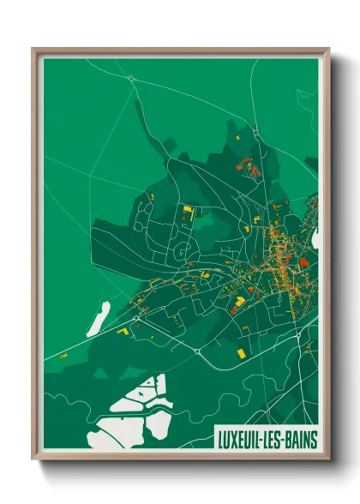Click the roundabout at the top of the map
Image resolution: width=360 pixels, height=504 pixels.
(x=131, y=79)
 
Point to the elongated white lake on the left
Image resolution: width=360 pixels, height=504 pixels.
(x=98, y=318)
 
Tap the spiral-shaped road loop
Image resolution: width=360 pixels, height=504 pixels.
(x=181, y=251)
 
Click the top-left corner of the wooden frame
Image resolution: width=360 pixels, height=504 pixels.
(x=33, y=49)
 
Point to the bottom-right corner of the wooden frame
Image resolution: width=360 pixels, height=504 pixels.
(x=328, y=459)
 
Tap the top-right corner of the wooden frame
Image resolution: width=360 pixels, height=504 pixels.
(x=328, y=49)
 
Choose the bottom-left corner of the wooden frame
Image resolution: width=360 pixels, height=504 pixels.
(x=33, y=459)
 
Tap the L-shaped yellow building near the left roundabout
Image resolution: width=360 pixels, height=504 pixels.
(x=123, y=330)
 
